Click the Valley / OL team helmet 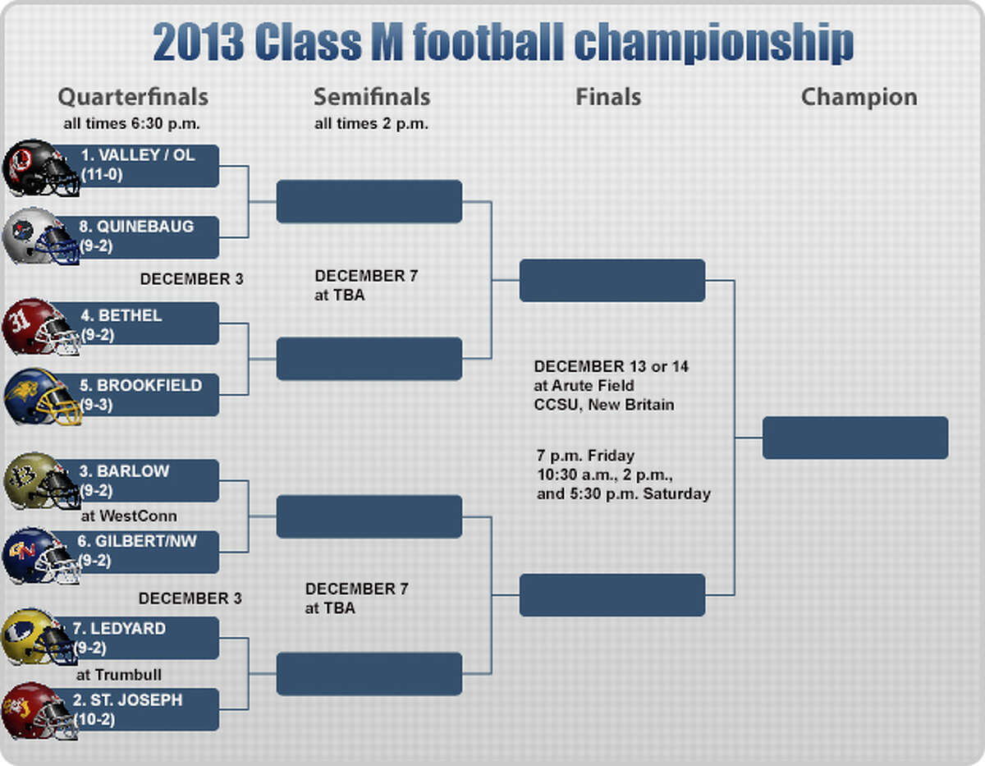[41, 167]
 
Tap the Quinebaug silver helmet [41, 236]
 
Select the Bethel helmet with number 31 [41, 326]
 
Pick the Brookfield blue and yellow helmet [43, 397]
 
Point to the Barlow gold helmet [42, 481]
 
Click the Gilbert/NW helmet [41, 556]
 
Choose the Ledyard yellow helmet [39, 637]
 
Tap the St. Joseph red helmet [39, 711]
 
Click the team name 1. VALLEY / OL [138, 155]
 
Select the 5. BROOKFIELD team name [140, 385]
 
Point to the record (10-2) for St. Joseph [94, 719]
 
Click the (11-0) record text [102, 175]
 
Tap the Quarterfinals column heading [133, 97]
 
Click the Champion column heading [859, 97]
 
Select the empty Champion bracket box [855, 438]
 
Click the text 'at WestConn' [129, 516]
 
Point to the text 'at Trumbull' [119, 675]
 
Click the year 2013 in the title [198, 42]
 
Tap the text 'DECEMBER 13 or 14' [611, 366]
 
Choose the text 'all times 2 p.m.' [371, 123]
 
